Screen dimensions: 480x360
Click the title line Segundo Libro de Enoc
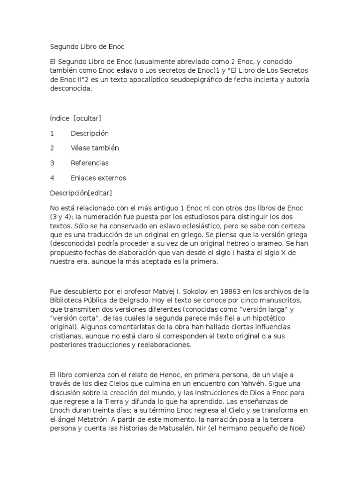click(x=87, y=47)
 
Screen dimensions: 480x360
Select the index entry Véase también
click(x=95, y=148)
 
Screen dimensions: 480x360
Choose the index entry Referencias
click(x=90, y=163)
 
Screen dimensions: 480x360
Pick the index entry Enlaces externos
click(x=98, y=178)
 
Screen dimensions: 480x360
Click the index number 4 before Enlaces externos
click(x=52, y=178)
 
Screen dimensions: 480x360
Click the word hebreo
click(x=240, y=244)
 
